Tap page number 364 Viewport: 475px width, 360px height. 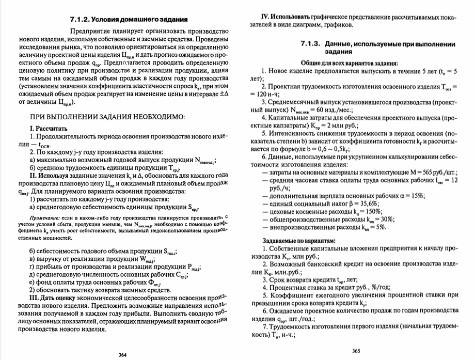coord(123,354)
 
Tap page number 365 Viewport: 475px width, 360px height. coord(356,351)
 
